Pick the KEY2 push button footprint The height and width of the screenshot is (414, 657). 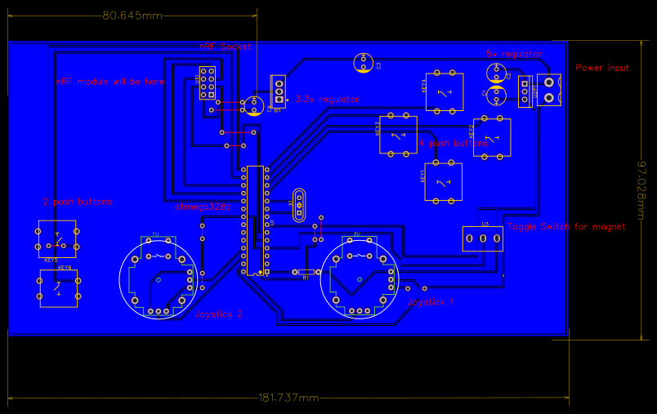pyautogui.click(x=492, y=136)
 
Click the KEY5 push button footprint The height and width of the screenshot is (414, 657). pyautogui.click(x=57, y=238)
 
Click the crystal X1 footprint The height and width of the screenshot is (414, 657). pyautogui.click(x=299, y=206)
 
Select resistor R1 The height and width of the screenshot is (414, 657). pyautogui.click(x=306, y=272)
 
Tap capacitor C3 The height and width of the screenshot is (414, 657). pyautogui.click(x=364, y=62)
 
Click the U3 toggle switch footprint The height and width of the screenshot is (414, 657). pyautogui.click(x=483, y=238)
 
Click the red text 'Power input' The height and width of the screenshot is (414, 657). pyautogui.click(x=602, y=68)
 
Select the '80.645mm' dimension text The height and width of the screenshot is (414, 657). pyautogui.click(x=132, y=16)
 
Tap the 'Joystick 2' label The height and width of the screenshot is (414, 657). pyautogui.click(x=218, y=313)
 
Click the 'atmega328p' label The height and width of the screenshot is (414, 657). pyautogui.click(x=203, y=207)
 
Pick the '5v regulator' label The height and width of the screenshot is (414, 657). pyautogui.click(x=514, y=54)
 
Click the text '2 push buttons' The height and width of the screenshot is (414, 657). pyautogui.click(x=78, y=202)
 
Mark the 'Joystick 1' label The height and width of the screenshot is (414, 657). pyautogui.click(x=430, y=301)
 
